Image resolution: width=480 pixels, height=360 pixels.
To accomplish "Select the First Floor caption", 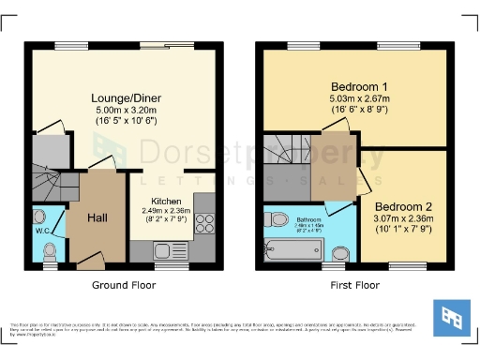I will [x=354, y=284].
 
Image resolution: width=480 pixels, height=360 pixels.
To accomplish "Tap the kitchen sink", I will [x=168, y=250].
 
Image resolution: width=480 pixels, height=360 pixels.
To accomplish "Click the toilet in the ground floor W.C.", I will [x=50, y=250].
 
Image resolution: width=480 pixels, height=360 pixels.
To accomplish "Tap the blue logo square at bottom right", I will [x=449, y=319].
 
